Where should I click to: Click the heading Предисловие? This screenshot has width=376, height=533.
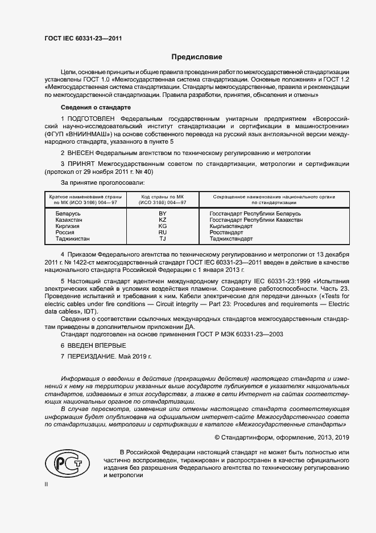point(197,57)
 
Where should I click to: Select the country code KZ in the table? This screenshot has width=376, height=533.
point(163,219)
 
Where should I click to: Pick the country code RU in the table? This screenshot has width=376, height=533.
point(163,233)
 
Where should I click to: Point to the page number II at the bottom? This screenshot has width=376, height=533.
point(46,484)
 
